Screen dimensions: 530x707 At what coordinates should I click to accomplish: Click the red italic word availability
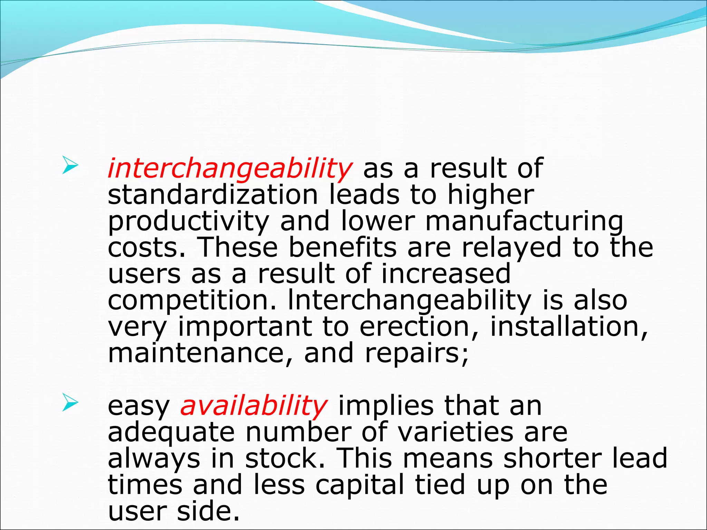point(254,406)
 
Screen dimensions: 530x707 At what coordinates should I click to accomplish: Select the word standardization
point(213,195)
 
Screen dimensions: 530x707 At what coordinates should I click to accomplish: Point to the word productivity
point(188,222)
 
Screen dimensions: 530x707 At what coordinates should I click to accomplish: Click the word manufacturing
point(524,222)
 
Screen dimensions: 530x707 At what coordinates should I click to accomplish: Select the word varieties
point(455,432)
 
